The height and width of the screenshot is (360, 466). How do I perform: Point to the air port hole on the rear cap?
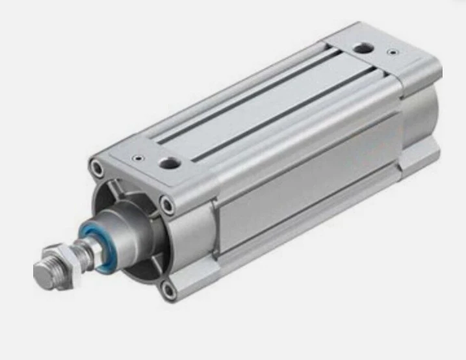pos(362,49)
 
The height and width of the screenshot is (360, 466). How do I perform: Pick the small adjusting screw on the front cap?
pos(137,157)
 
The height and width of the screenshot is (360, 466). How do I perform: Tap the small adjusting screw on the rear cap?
pos(393,51)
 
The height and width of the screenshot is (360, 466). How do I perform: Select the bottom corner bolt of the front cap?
pos(171,290)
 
